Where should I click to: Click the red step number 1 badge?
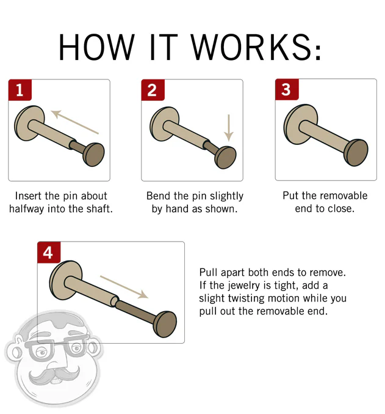click(x=20, y=90)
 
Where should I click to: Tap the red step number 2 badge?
click(x=153, y=90)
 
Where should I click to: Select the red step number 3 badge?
click(x=286, y=90)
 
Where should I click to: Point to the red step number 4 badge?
click(x=48, y=252)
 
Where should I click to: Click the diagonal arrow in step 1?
click(x=74, y=122)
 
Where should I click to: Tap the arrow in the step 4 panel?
click(x=124, y=286)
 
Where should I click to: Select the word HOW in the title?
click(x=96, y=46)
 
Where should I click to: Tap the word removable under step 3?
click(x=339, y=196)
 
